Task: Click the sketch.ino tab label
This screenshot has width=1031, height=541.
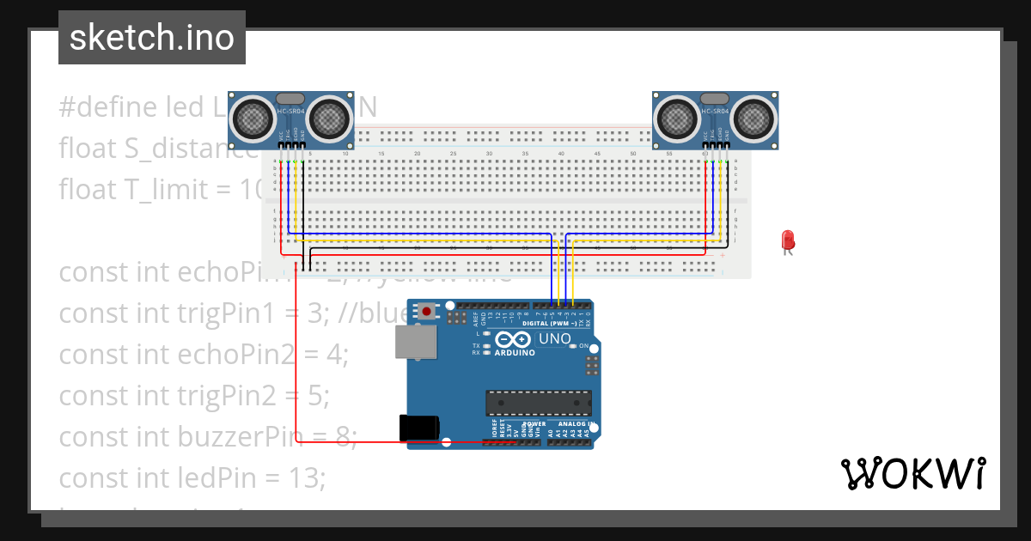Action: (x=152, y=38)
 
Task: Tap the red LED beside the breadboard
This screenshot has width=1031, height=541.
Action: (x=787, y=240)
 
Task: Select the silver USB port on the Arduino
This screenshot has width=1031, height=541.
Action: (x=414, y=342)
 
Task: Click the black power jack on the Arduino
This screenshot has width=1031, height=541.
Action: (x=418, y=428)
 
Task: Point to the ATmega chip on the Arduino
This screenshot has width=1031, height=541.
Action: (x=539, y=402)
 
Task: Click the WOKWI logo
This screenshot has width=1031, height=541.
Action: (x=912, y=473)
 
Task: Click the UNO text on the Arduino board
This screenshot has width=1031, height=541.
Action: (x=555, y=338)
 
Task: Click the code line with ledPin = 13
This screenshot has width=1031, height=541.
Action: (x=192, y=477)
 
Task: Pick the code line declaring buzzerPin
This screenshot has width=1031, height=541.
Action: (x=207, y=436)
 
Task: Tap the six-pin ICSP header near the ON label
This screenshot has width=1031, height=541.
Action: (x=591, y=366)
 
